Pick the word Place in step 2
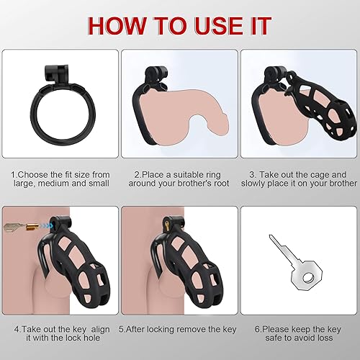[x=153, y=174]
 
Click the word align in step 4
[x=96, y=333]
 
